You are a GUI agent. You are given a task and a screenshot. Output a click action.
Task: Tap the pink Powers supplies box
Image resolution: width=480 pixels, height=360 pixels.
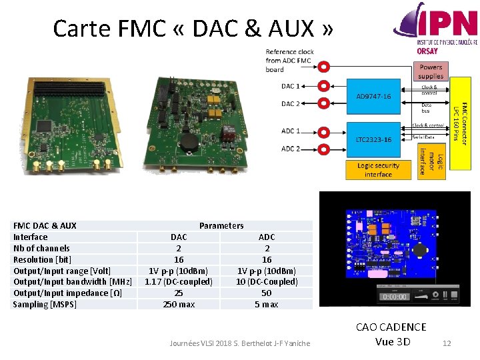pyautogui.click(x=431, y=71)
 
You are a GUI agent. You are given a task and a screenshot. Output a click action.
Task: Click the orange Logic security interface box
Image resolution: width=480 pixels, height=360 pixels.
pyautogui.click(x=378, y=169)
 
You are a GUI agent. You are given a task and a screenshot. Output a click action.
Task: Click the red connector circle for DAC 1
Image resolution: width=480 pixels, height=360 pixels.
pyautogui.click(x=323, y=86)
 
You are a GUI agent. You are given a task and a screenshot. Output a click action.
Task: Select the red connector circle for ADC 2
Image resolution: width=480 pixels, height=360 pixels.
pyautogui.click(x=323, y=149)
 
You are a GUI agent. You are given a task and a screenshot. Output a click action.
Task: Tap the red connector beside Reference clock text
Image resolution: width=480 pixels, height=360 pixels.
pyautogui.click(x=323, y=67)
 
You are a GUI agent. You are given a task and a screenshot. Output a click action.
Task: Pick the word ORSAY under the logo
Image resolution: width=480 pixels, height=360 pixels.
pyautogui.click(x=427, y=51)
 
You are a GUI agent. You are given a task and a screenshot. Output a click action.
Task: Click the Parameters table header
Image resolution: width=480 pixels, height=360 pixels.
pyautogui.click(x=221, y=226)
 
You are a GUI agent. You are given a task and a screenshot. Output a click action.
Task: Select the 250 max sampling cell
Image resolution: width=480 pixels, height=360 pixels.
pyautogui.click(x=179, y=305)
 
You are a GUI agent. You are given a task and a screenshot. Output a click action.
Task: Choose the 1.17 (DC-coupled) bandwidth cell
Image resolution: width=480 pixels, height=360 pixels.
pyautogui.click(x=179, y=282)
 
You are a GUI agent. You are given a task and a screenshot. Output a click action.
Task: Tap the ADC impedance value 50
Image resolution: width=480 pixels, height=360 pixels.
pyautogui.click(x=267, y=293)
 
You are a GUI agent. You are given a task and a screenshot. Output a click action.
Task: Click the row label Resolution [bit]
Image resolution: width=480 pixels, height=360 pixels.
pyautogui.click(x=42, y=259)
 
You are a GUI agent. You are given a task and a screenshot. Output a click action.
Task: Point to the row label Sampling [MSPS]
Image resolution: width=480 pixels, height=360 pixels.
pyautogui.click(x=45, y=305)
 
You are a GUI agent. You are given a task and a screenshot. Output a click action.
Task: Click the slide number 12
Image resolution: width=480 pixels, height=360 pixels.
pyautogui.click(x=447, y=343)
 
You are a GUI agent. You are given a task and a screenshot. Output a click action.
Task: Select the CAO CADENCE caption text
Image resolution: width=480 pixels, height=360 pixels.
pyautogui.click(x=391, y=327)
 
